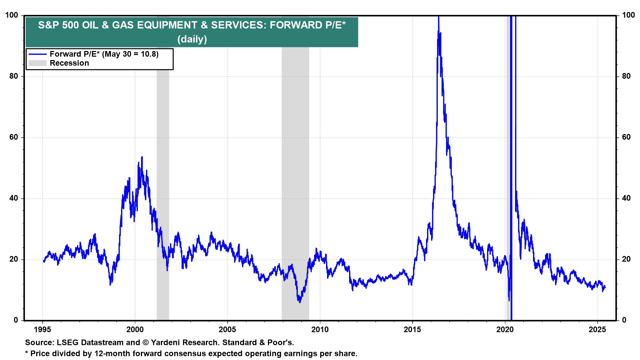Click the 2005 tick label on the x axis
pyautogui.click(x=227, y=330)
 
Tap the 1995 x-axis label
pyautogui.click(x=42, y=330)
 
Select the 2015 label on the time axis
pyautogui.click(x=412, y=330)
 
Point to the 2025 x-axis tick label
pyautogui.click(x=597, y=330)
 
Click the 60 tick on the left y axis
pyautogui.click(x=14, y=137)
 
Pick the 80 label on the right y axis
pyautogui.click(x=626, y=76)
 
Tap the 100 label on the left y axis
pyautogui.click(x=12, y=15)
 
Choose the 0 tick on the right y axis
pyautogui.click(x=624, y=320)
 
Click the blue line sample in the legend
pyautogui.click(x=37, y=54)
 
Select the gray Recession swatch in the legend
pyautogui.click(x=37, y=63)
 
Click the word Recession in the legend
pyautogui.click(x=69, y=63)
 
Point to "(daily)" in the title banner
pyautogui.click(x=192, y=39)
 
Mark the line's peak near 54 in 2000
pyautogui.click(x=142, y=157)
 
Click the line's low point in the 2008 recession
pyautogui.click(x=300, y=302)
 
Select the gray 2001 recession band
pyautogui.click(x=163, y=200)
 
